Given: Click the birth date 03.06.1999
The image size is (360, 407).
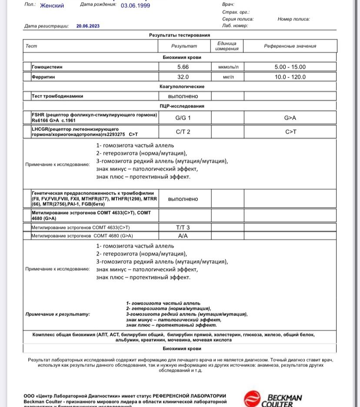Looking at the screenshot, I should point(135,6).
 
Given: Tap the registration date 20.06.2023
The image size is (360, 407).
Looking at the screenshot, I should point(88,26).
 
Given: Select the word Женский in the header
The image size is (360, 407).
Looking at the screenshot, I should point(52,6).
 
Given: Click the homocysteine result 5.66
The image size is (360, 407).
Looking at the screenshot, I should point(183,67).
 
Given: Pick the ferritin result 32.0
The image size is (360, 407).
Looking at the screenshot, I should point(183,77).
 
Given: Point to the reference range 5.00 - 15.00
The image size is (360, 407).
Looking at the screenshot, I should point(290,67).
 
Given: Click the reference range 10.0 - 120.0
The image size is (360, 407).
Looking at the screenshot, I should point(290,77).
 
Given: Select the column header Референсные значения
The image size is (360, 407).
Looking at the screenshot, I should point(290,46).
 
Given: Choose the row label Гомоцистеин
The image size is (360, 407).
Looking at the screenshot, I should point(47,67).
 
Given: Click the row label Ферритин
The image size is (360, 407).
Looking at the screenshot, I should point(43,77).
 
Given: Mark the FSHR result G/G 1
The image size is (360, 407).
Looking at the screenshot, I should point(183,118).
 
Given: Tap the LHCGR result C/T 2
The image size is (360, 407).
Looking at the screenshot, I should point(183,131).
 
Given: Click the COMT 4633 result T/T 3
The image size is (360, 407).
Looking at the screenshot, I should point(183,227).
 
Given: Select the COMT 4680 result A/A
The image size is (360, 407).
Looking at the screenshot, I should point(183,235).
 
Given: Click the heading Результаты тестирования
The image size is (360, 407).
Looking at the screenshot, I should point(180,35).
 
